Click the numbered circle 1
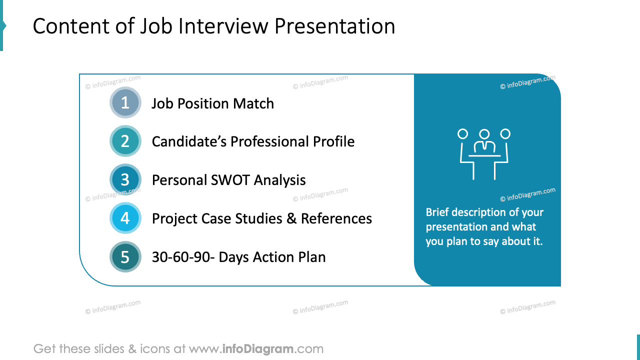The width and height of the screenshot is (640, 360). click(x=125, y=103)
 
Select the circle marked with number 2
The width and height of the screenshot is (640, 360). click(x=125, y=141)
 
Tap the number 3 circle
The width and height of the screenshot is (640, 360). click(x=125, y=180)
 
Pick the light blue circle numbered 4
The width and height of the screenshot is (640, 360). click(x=125, y=218)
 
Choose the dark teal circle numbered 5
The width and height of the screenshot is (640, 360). click(x=125, y=257)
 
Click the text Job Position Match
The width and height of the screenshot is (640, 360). click(x=212, y=103)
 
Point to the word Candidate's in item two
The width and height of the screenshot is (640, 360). click(x=189, y=142)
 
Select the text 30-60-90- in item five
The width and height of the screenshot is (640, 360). click(x=183, y=257)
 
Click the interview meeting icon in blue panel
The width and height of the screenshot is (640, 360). click(x=484, y=153)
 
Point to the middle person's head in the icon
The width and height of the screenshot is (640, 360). click(x=484, y=134)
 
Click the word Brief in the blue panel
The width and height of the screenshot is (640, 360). click(x=437, y=212)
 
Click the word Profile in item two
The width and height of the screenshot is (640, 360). click(x=334, y=142)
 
